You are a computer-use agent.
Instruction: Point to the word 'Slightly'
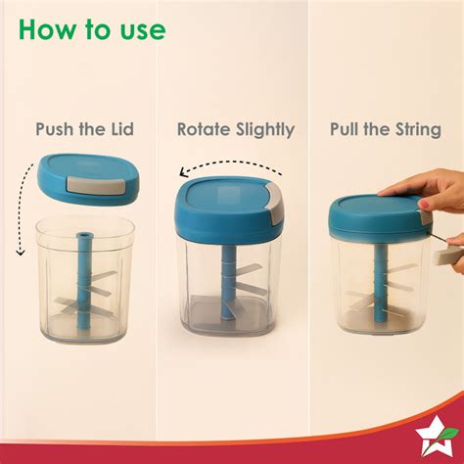tap(262, 128)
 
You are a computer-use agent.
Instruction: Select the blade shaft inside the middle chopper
tap(227, 284)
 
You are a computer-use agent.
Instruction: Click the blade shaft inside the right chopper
tap(377, 289)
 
